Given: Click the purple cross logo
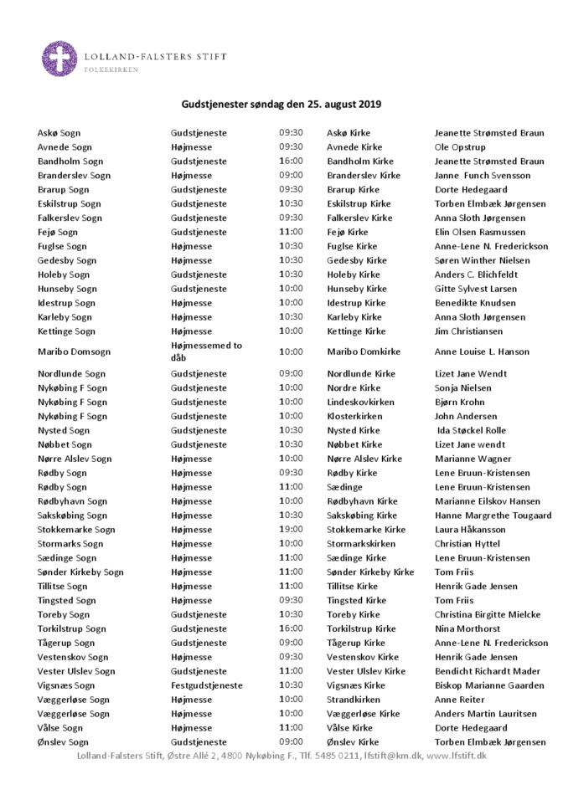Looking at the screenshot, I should (x=59, y=59).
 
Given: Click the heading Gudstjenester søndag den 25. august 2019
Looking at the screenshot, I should (x=281, y=105).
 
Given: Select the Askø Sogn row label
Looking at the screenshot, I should (x=59, y=133).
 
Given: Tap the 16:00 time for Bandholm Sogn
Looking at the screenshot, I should (x=291, y=162).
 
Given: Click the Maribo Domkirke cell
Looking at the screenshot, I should (x=363, y=352).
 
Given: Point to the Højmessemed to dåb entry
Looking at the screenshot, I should (x=206, y=351).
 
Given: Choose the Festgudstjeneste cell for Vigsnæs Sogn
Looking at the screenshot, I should (x=207, y=685).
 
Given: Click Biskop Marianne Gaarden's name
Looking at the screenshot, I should (x=489, y=685).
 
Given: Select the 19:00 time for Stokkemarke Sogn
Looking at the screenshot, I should (x=291, y=530).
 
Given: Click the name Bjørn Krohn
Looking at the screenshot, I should (x=459, y=403).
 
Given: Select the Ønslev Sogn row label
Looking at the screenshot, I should (x=63, y=742).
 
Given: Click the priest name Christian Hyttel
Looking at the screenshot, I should (x=467, y=544).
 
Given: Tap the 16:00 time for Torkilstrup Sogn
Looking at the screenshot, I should (x=291, y=628).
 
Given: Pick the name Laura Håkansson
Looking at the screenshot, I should (x=470, y=530).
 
